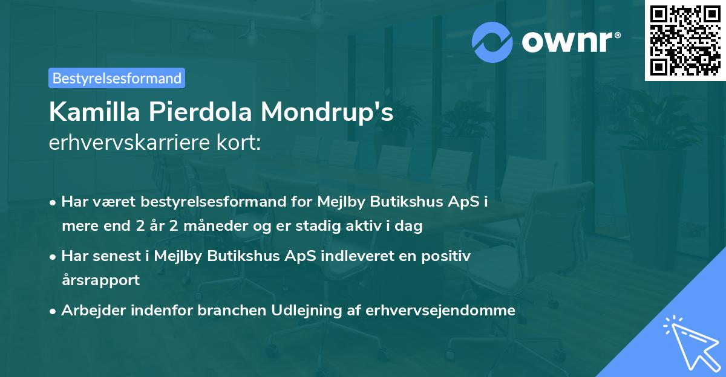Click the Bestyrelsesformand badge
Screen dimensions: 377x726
click(117, 78)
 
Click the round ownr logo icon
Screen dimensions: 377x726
click(492, 42)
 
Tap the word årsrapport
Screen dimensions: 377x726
click(100, 280)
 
